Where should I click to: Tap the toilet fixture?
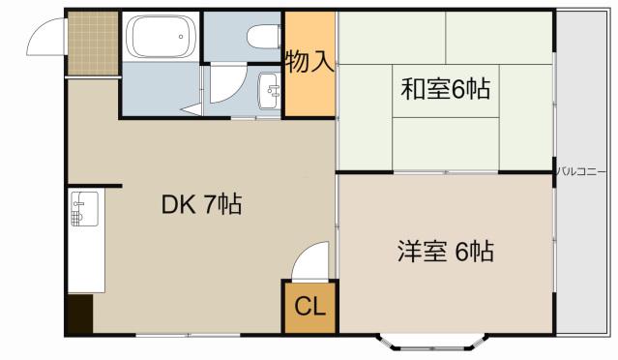pos(264,36)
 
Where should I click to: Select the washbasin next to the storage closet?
pos(269,92)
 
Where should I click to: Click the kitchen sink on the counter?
pos(84,209)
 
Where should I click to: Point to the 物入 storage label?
pos(310,62)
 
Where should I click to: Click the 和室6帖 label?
pos(446,89)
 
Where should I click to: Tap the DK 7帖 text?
pos(201,204)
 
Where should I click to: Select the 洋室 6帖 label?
pos(446,252)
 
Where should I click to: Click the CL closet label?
pos(309,306)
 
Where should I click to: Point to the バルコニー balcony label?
pos(580,172)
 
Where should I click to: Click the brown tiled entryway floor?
pos(93,43)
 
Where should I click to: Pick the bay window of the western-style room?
pos(432,343)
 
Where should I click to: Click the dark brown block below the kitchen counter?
pos(80,314)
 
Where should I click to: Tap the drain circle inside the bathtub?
pos(181,37)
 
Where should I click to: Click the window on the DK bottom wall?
pos(188,336)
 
